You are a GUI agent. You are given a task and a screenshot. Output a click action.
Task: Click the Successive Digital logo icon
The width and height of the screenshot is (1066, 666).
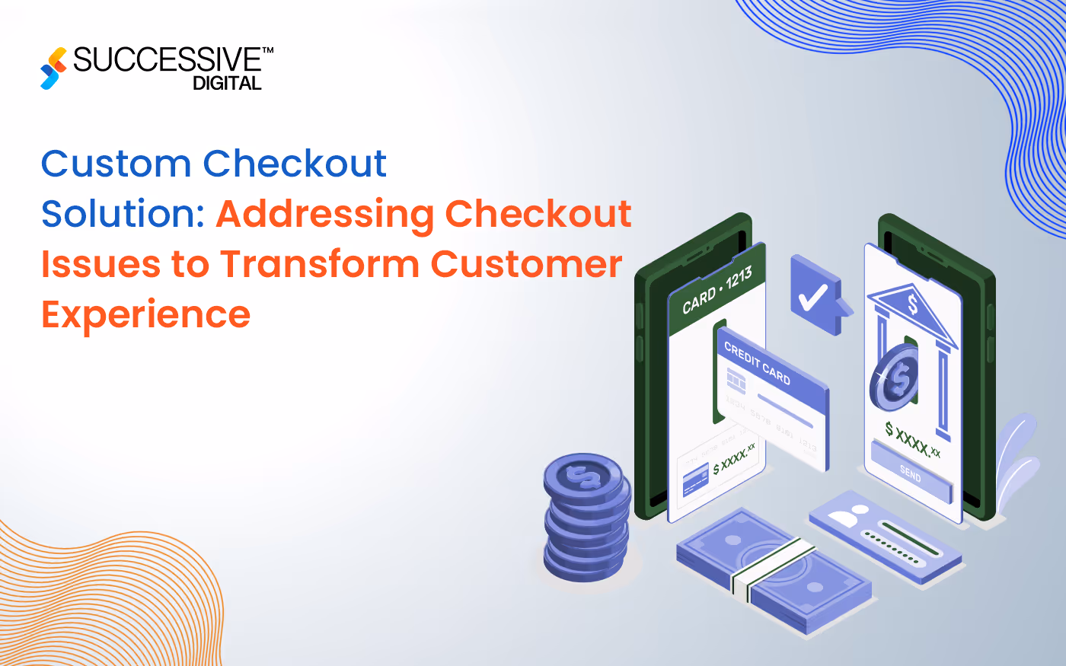[53, 68]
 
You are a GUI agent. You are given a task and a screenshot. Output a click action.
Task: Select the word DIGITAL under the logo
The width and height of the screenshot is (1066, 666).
[227, 84]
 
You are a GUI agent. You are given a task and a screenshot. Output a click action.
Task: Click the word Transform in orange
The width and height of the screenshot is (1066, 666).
[320, 264]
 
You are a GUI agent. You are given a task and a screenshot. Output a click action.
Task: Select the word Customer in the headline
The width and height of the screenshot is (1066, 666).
[527, 264]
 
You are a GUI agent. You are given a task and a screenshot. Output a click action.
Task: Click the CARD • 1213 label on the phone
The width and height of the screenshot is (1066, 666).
[717, 290]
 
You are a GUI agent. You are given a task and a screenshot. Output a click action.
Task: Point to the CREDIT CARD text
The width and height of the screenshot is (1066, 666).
[757, 363]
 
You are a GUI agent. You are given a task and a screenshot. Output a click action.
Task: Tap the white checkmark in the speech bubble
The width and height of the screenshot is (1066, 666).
[812, 296]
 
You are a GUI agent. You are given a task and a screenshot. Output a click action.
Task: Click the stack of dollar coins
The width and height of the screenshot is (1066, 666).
[587, 518]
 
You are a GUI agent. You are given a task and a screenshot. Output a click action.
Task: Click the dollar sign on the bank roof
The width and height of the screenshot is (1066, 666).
[912, 305]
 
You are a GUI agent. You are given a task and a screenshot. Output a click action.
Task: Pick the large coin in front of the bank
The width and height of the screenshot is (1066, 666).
[895, 377]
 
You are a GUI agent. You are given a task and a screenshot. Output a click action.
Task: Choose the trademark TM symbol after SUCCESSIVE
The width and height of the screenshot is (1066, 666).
[267, 50]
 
